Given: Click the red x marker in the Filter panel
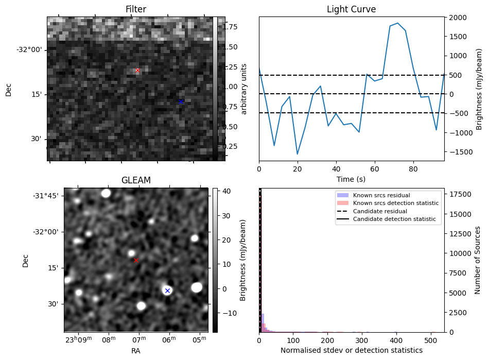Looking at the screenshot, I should pyautogui.click(x=137, y=70).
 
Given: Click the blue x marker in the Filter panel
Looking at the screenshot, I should pyautogui.click(x=181, y=101).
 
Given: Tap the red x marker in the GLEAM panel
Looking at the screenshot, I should pyautogui.click(x=136, y=260).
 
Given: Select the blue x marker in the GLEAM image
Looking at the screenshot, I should pyautogui.click(x=167, y=290).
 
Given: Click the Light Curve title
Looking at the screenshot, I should pyautogui.click(x=351, y=9).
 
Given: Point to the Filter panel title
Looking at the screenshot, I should pyautogui.click(x=136, y=9).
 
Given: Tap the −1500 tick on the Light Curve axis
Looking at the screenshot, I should pyautogui.click(x=458, y=151).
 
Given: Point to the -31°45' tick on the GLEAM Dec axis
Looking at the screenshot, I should pyautogui.click(x=46, y=196).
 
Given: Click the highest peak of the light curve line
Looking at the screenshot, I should pyautogui.click(x=397, y=23).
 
